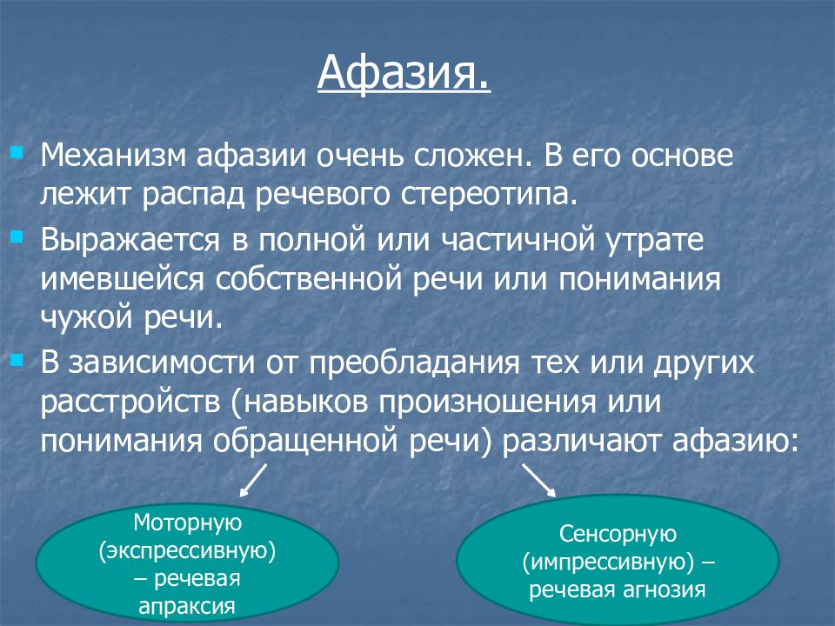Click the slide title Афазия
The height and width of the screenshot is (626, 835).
pyautogui.click(x=404, y=73)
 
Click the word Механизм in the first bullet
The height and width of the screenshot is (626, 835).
pyautogui.click(x=113, y=156)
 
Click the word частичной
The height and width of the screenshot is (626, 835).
pyautogui.click(x=518, y=240)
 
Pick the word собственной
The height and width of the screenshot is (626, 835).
pyautogui.click(x=308, y=279)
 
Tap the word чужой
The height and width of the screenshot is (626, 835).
pyautogui.click(x=87, y=318)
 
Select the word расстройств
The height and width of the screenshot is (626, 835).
pyautogui.click(x=130, y=403)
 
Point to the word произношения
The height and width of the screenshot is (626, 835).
pyautogui.click(x=488, y=403)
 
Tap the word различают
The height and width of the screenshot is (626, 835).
pyautogui.click(x=583, y=442)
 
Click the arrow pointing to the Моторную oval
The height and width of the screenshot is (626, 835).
pyautogui.click(x=253, y=480)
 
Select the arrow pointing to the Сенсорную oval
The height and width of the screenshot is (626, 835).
pyautogui.click(x=539, y=480)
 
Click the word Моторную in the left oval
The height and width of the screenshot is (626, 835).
pyautogui.click(x=188, y=523)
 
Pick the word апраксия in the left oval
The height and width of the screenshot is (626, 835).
pyautogui.click(x=187, y=606)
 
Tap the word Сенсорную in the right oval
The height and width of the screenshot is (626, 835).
pyautogui.click(x=618, y=534)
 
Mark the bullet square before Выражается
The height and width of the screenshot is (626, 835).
pyautogui.click(x=17, y=236)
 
